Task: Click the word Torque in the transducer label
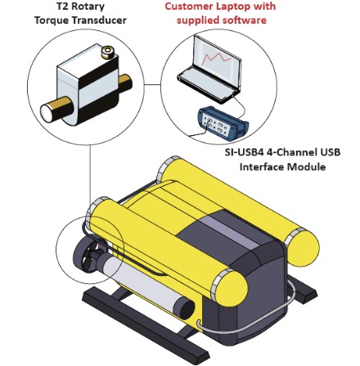click(x=50, y=20)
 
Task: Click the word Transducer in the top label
click(x=98, y=20)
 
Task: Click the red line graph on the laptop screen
click(x=218, y=57)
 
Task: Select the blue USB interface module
click(x=223, y=123)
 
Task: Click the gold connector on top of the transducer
click(x=107, y=52)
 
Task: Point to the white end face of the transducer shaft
click(x=47, y=113)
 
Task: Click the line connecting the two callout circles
click(x=152, y=84)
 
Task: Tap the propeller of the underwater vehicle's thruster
click(x=91, y=253)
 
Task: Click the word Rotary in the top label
click(x=88, y=7)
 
